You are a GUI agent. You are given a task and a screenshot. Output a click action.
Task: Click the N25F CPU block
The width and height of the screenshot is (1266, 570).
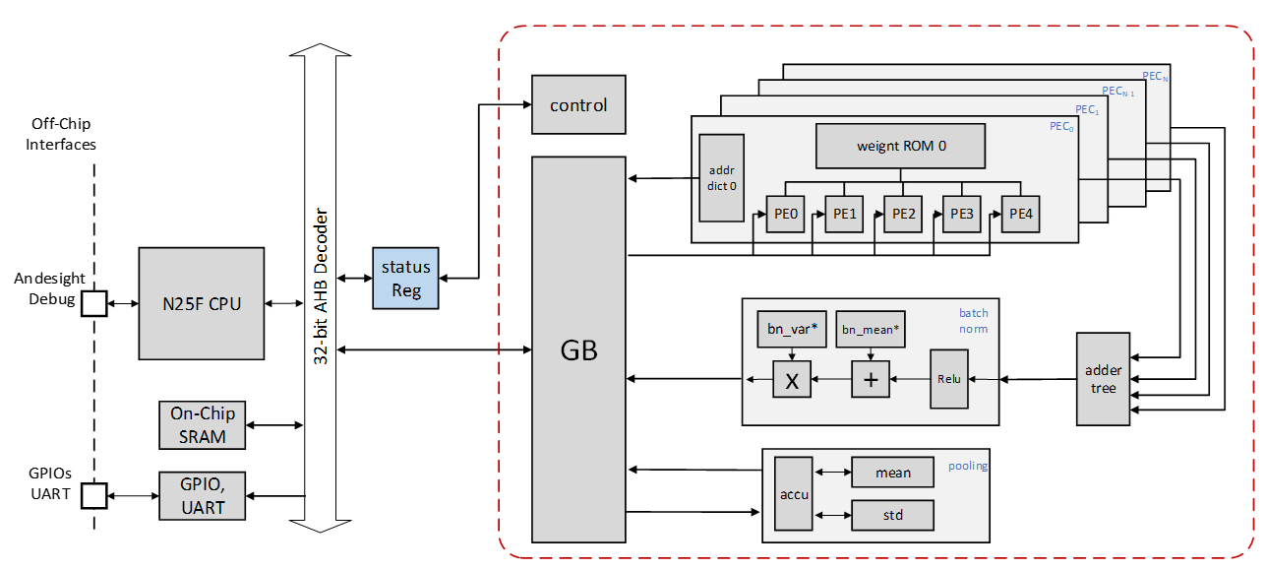[202, 303]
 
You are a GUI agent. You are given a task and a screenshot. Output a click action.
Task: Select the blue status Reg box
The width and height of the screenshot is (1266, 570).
[406, 278]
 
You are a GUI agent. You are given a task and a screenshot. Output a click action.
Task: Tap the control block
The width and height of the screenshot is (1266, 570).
[578, 105]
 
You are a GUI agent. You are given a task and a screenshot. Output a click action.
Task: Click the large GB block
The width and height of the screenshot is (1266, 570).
[578, 349]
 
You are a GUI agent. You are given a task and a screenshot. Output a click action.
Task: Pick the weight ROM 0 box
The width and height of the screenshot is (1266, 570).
[900, 146]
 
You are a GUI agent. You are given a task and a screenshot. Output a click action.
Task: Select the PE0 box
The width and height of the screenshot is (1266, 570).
[785, 214]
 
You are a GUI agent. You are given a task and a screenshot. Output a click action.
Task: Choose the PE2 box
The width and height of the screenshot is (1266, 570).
[903, 214]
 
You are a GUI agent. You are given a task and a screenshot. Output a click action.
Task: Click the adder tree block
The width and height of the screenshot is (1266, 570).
[1104, 379]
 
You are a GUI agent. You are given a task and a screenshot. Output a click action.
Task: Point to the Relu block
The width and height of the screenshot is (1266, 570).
[949, 379]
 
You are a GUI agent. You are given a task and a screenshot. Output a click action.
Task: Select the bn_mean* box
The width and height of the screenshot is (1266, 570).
[870, 330]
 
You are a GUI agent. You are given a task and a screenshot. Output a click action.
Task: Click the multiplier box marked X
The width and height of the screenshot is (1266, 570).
[793, 379]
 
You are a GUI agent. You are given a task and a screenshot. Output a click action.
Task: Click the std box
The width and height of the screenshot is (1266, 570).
[892, 516]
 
